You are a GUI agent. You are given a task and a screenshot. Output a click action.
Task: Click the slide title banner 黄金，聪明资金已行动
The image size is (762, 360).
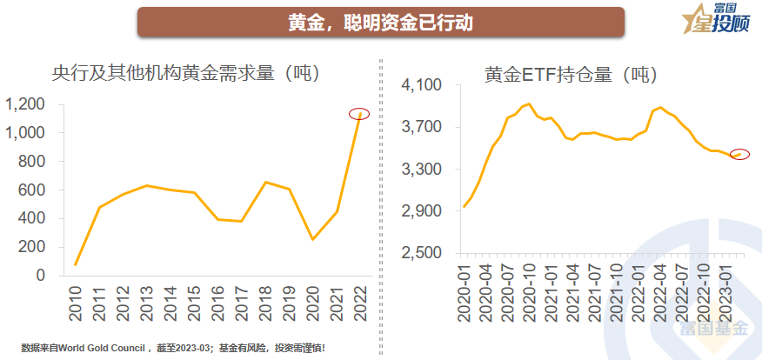[380, 22]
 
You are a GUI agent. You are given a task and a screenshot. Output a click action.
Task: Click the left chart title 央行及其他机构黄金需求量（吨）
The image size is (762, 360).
[187, 73]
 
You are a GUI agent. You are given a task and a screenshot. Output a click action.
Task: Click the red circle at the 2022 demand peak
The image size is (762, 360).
[360, 114]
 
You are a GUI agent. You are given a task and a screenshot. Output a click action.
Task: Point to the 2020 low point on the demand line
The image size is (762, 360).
[312, 239]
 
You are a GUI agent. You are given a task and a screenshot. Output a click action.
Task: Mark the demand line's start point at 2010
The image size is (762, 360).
[76, 264]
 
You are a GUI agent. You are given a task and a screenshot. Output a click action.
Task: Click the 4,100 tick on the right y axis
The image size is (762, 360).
[423, 85]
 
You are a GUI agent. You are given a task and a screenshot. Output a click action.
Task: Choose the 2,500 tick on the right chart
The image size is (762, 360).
[423, 253]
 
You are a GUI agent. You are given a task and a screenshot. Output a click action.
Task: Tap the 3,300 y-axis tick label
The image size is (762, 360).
[423, 169]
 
